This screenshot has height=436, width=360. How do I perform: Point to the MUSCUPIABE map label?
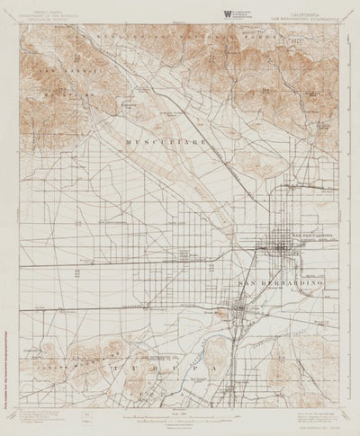[x=166, y=141]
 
